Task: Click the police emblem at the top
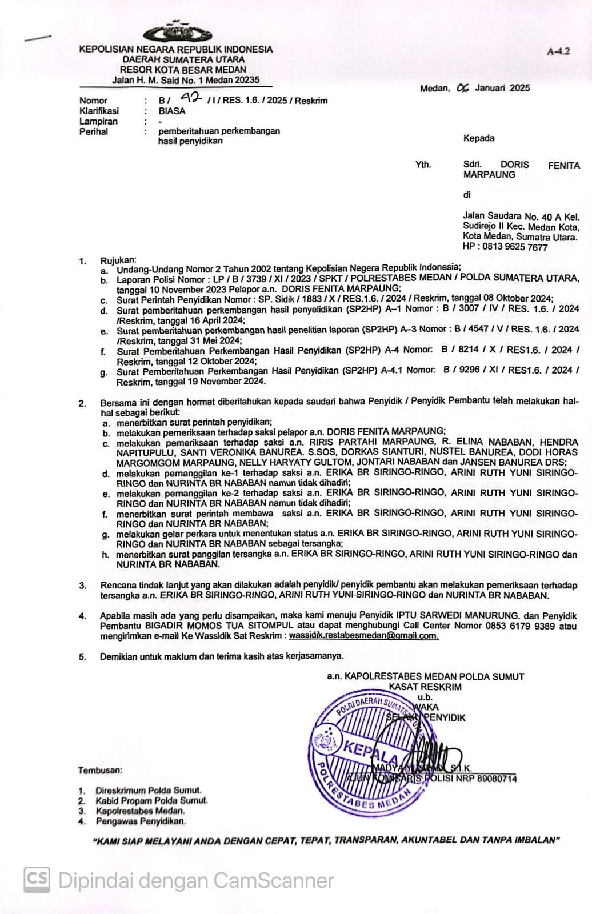pyautogui.click(x=175, y=32)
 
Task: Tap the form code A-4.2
pyautogui.click(x=558, y=51)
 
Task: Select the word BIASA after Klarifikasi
pyautogui.click(x=172, y=111)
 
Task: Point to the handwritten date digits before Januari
pyautogui.click(x=463, y=88)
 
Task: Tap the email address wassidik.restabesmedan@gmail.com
pyautogui.click(x=363, y=635)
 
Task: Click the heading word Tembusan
pyautogui.click(x=100, y=770)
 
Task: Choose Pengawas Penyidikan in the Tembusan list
pyautogui.click(x=141, y=821)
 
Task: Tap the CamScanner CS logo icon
pyautogui.click(x=37, y=880)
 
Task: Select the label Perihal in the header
pyautogui.click(x=94, y=131)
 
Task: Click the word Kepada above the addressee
pyautogui.click(x=479, y=138)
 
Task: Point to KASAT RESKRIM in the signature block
pyautogui.click(x=425, y=687)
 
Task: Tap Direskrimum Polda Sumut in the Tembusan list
pyautogui.click(x=149, y=791)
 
